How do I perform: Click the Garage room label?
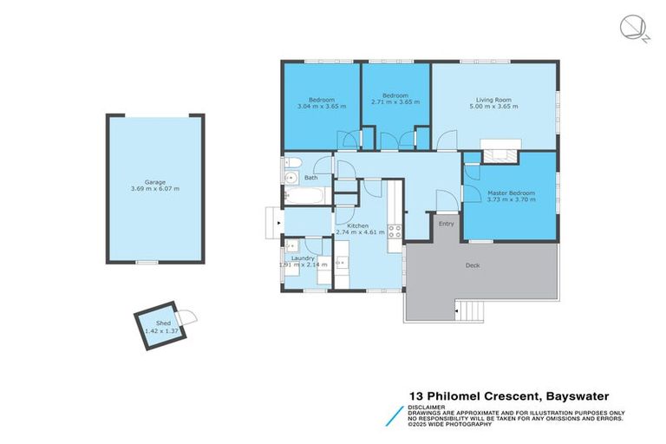155,182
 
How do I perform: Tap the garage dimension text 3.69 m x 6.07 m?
155,189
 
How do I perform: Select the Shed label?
152,323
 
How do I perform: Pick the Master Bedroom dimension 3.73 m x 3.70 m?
511,199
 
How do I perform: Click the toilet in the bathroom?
292,162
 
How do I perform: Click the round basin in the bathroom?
290,179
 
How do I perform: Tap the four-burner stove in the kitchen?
393,232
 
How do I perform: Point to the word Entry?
446,224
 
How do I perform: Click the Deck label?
473,265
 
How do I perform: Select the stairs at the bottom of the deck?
469,308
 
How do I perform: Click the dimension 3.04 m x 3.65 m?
321,106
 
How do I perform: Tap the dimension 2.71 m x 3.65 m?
395,102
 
